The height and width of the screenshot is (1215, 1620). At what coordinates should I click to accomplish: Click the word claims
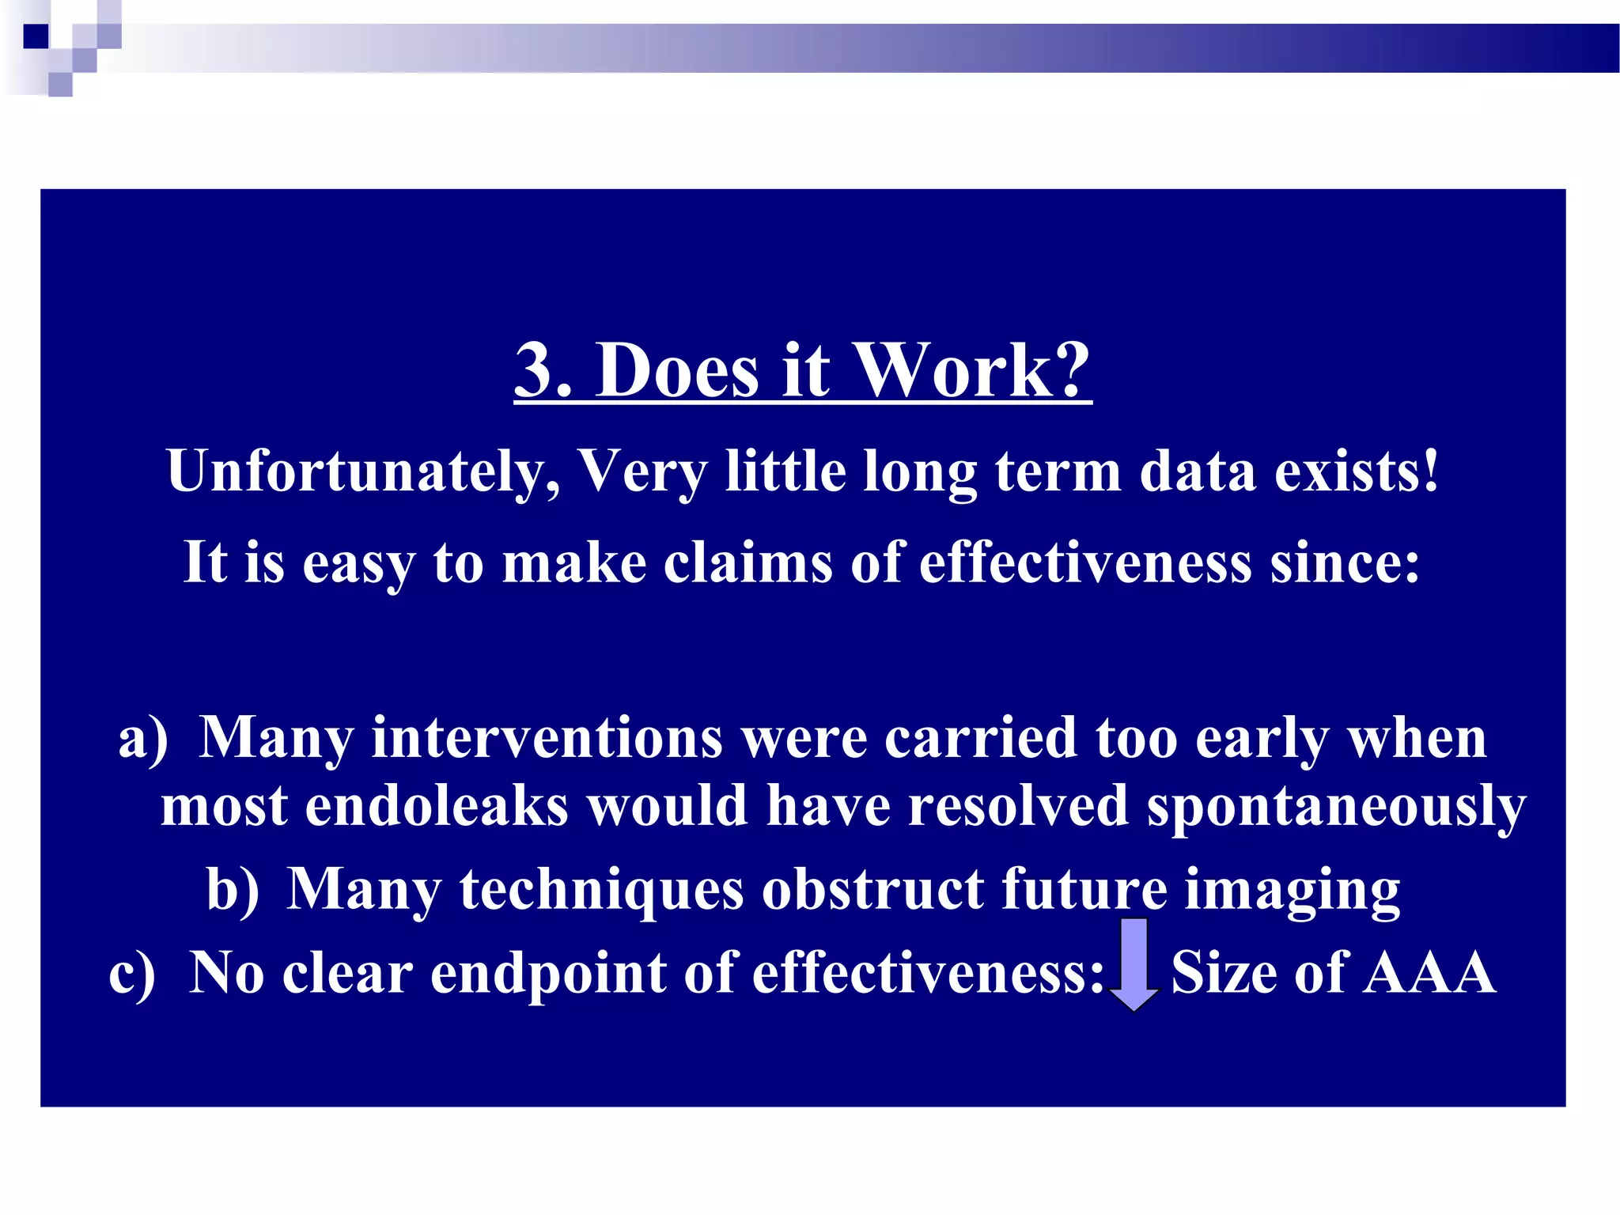(748, 562)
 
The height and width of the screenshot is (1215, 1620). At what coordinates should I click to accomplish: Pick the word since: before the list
(1345, 562)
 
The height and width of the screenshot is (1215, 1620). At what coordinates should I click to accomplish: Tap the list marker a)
(143, 737)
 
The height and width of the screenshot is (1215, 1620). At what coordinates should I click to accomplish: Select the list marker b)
(233, 889)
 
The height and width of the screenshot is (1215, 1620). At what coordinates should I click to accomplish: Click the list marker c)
(132, 972)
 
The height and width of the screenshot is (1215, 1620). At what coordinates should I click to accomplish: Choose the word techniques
(601, 889)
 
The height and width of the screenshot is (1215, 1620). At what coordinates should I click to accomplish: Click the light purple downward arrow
(1134, 963)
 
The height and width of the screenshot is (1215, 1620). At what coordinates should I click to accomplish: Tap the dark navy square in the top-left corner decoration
(36, 36)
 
